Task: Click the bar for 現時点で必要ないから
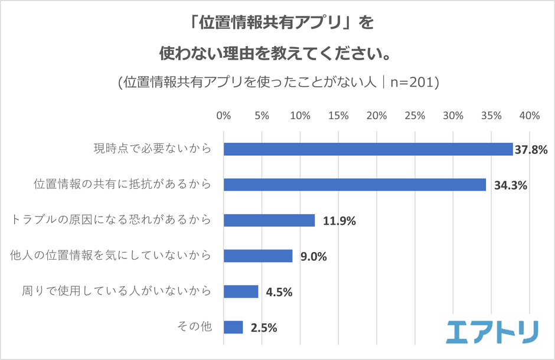[x=368, y=149]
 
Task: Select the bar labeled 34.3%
[x=354, y=185]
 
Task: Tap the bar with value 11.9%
[x=269, y=220]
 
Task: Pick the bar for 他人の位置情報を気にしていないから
[x=258, y=256]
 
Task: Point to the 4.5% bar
[x=241, y=292]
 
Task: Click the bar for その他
[x=233, y=327]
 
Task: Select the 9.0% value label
[x=314, y=257]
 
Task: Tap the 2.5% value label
[x=264, y=328]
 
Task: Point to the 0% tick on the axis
[x=223, y=116]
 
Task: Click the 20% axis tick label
[x=377, y=116]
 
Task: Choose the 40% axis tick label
[x=530, y=116]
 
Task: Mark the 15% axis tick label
[x=338, y=116]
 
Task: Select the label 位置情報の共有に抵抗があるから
[x=121, y=185]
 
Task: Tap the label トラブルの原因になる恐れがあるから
[x=111, y=220]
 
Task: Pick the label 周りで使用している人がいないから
[x=116, y=291]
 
